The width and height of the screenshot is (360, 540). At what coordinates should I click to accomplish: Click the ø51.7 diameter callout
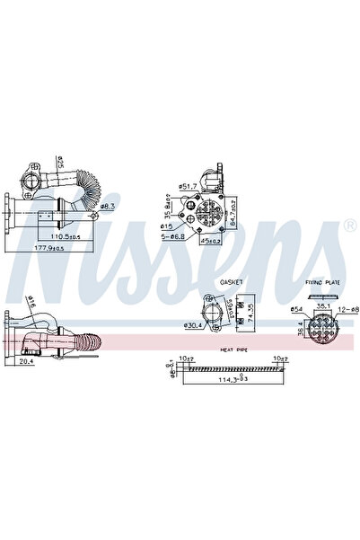(188, 186)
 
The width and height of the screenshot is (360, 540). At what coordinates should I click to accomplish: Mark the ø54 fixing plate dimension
(296, 310)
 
